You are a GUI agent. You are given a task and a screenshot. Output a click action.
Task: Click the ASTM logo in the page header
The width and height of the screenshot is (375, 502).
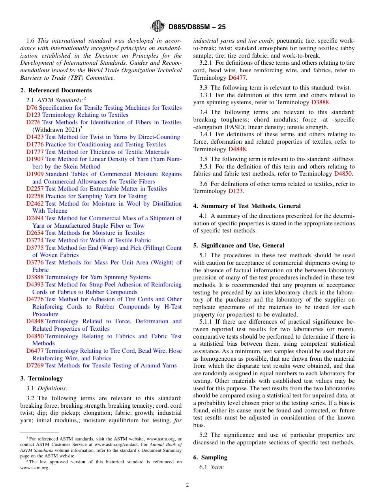(158, 27)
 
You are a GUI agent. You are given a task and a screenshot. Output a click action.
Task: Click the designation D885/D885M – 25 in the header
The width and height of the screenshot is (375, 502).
(197, 27)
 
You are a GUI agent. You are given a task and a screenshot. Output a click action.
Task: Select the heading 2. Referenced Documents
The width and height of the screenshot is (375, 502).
(56, 90)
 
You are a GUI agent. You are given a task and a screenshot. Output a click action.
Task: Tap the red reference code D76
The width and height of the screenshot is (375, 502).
(32, 108)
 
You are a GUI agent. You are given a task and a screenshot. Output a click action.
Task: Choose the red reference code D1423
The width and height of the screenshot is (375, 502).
(35, 137)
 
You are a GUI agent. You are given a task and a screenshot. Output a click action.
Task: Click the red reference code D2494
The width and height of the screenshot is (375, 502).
(35, 218)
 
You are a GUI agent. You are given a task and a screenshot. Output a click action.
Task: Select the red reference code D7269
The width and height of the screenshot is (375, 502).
(35, 365)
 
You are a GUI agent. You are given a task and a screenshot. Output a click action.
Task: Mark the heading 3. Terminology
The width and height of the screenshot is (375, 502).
(41, 378)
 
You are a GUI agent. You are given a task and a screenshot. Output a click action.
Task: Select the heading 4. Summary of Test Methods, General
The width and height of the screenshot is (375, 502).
(247, 206)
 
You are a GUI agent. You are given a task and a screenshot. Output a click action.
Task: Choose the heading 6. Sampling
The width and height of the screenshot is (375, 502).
(210, 457)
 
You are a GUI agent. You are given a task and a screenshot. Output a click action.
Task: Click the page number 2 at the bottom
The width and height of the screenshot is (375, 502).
(187, 485)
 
